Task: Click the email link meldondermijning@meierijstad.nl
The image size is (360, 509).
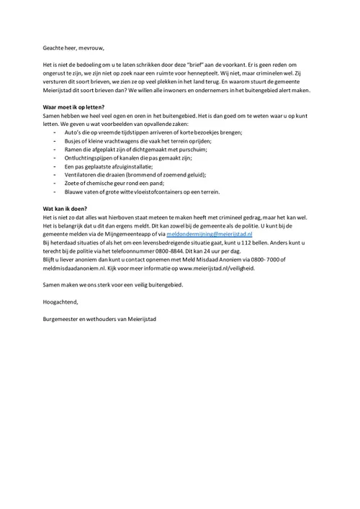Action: point(210,234)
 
